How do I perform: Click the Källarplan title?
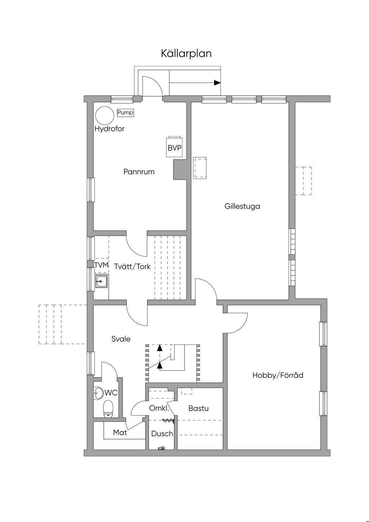pos(186,53)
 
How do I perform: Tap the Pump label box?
pos(125,113)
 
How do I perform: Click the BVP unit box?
pos(174,147)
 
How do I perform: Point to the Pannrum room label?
pos(139,172)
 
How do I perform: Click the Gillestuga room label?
pos(242,206)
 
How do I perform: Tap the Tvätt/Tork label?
pos(132,267)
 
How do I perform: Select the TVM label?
pos(101,265)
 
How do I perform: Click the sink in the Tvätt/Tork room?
pos(101,281)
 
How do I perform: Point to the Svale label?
pos(121,339)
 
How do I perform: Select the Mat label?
pos(120,433)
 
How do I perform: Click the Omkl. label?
pos(159,408)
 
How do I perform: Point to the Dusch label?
pos(162,434)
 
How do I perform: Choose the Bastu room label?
pos(199,408)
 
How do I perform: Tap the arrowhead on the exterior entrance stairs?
pos(217,83)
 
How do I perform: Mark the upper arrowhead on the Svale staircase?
pos(160,348)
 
